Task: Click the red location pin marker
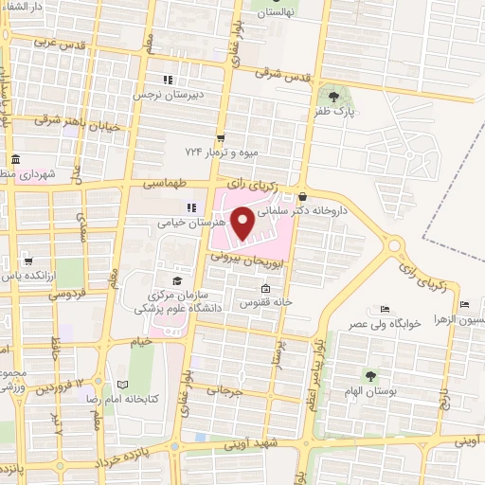click(x=242, y=223)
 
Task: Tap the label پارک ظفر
click(x=332, y=112)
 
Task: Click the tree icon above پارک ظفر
click(x=332, y=96)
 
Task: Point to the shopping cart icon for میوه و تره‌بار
click(x=221, y=136)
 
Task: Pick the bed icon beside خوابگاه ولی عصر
click(x=384, y=309)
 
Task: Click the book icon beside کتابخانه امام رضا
click(x=121, y=385)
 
